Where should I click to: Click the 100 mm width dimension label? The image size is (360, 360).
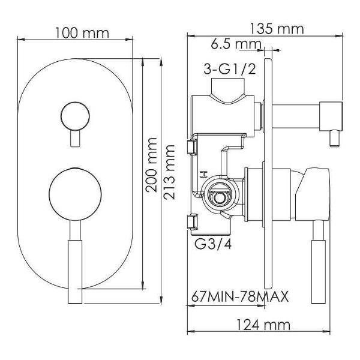click(82, 33)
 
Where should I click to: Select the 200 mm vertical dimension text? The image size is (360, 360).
click(152, 164)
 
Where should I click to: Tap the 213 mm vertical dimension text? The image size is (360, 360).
click(169, 172)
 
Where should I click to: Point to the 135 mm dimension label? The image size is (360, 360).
click(277, 29)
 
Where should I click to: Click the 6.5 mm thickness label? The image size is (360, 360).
click(236, 44)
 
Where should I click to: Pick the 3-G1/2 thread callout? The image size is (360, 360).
click(230, 68)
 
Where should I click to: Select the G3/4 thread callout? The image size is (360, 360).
click(213, 244)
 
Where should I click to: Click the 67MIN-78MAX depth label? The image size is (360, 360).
click(240, 296)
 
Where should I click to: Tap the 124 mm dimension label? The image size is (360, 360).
click(263, 325)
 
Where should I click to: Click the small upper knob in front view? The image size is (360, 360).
click(75, 116)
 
